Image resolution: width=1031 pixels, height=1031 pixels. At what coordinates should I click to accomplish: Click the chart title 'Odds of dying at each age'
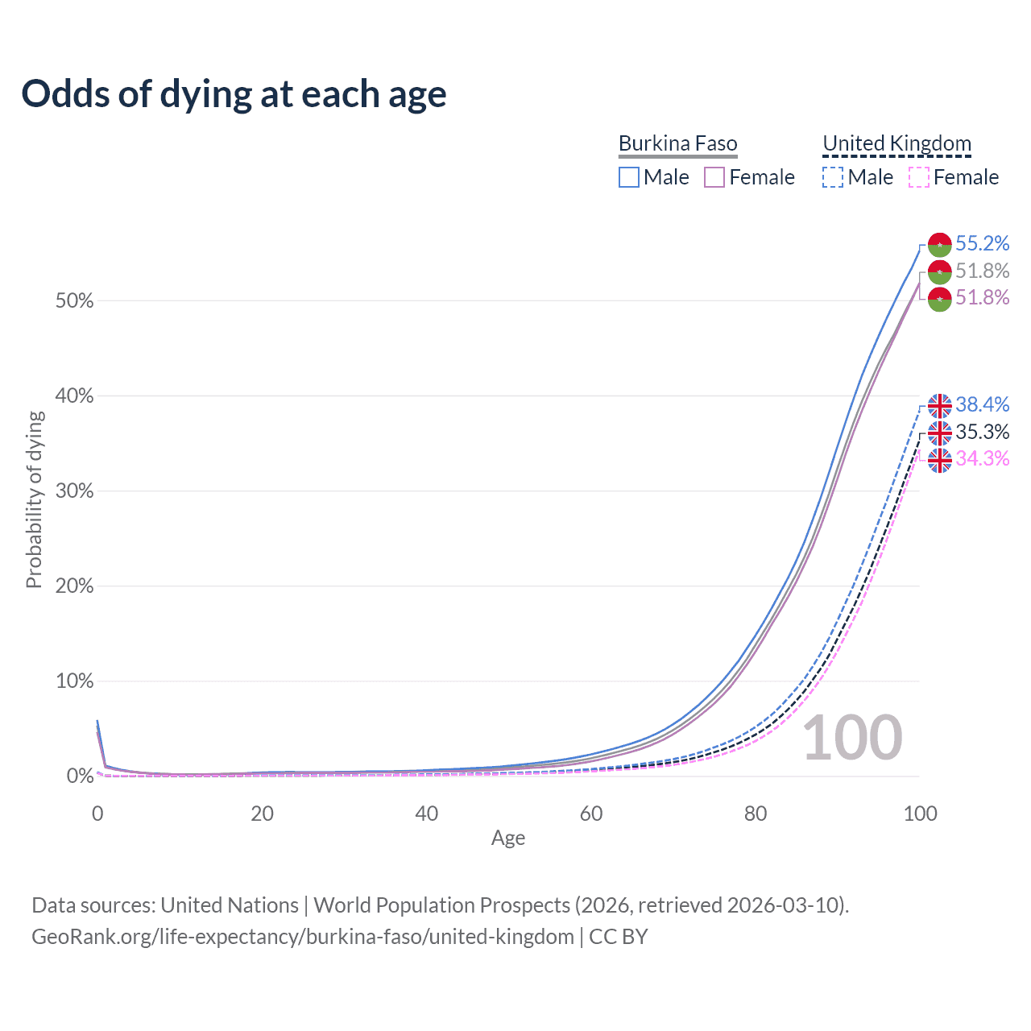click(234, 94)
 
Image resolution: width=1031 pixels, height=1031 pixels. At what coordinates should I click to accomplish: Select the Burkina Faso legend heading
click(677, 144)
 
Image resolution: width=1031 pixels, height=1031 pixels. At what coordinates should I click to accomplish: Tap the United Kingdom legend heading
click(896, 144)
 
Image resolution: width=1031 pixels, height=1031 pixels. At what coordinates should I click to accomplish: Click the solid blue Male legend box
click(629, 177)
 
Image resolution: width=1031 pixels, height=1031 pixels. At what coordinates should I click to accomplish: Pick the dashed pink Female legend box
click(919, 177)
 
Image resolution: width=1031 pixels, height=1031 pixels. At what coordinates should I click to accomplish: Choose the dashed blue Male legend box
click(833, 177)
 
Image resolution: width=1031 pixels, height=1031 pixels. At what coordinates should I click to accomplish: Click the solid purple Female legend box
click(714, 177)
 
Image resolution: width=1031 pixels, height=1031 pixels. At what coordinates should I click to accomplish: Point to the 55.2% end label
click(982, 243)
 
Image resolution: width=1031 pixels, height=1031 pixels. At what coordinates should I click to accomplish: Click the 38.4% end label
click(982, 404)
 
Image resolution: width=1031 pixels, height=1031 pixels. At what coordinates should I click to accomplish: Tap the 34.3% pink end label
click(982, 458)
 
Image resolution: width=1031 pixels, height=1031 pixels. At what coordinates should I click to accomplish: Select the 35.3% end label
click(982, 432)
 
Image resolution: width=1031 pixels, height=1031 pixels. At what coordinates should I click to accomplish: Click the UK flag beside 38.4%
click(939, 405)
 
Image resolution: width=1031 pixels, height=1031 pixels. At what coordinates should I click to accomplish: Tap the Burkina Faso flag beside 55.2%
click(939, 244)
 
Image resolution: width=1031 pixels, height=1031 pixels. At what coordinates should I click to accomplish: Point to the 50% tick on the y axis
click(74, 301)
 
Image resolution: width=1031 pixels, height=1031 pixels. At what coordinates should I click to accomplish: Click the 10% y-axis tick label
click(74, 681)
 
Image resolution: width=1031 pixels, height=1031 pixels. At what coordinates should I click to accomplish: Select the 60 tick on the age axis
click(591, 814)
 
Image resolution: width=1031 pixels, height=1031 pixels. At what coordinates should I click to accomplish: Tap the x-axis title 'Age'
click(508, 838)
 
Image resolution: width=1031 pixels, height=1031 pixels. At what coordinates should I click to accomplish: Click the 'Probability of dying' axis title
click(34, 499)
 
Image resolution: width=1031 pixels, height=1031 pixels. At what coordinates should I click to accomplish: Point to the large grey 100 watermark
click(852, 738)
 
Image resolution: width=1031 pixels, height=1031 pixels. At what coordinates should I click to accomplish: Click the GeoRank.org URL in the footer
click(303, 937)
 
